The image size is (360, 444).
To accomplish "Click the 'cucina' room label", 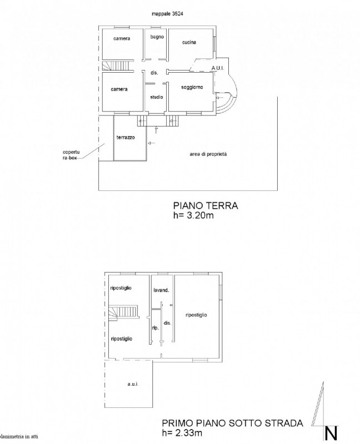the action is [189, 42].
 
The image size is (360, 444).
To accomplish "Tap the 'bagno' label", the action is [157, 37].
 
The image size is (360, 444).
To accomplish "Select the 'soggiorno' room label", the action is [192, 87].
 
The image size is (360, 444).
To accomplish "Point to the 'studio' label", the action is [157, 97].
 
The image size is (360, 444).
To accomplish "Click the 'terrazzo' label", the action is [126, 137].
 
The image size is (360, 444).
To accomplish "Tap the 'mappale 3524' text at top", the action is [167, 13].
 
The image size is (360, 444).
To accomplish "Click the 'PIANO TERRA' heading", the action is [206, 205].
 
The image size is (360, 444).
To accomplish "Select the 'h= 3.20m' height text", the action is [193, 215].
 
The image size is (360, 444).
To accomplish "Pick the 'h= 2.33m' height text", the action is [182, 433].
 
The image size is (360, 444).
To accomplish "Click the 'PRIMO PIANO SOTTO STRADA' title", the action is [232, 423].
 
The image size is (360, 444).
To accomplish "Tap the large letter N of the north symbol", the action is [331, 433].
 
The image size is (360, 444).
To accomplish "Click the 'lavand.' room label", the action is [161, 290].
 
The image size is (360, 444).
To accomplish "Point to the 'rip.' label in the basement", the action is [156, 328].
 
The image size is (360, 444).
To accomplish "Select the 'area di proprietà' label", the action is [208, 154].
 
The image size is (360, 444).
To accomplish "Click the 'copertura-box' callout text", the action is [71, 155].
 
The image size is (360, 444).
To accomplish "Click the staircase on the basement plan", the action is [123, 312].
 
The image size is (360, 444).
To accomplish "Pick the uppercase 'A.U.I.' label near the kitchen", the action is [218, 68].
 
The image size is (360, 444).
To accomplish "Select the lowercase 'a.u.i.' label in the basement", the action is [133, 384].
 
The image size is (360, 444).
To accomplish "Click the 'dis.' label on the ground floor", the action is [154, 73].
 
